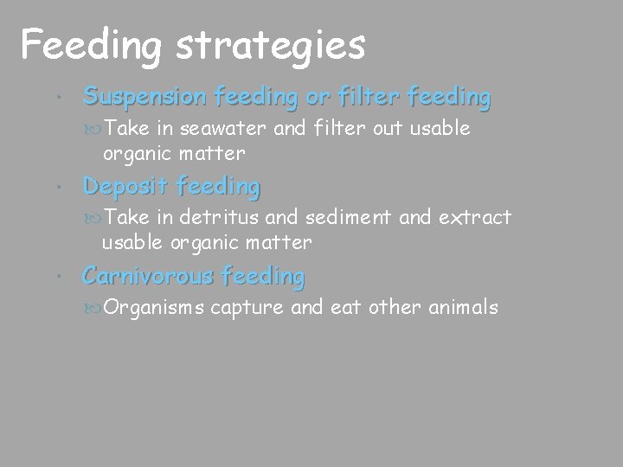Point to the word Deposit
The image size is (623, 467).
tap(126, 185)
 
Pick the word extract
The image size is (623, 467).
tap(475, 217)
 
